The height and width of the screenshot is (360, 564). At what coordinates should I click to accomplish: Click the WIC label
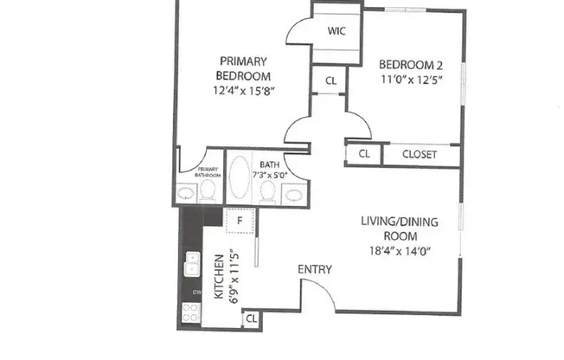337,32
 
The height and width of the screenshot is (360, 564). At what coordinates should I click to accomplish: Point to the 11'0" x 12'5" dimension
412,79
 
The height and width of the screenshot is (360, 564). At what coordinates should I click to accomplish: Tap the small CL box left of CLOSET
363,155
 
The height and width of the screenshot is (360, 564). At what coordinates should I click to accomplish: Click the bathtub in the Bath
240,179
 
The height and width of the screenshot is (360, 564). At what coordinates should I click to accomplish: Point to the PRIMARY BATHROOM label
208,172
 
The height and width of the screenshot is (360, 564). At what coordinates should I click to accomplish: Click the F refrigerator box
240,222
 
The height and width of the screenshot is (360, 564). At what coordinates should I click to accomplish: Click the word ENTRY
315,270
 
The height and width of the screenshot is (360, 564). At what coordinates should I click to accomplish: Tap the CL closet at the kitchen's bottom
251,319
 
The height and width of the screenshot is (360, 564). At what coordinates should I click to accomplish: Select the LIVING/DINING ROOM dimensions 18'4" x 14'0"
400,251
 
